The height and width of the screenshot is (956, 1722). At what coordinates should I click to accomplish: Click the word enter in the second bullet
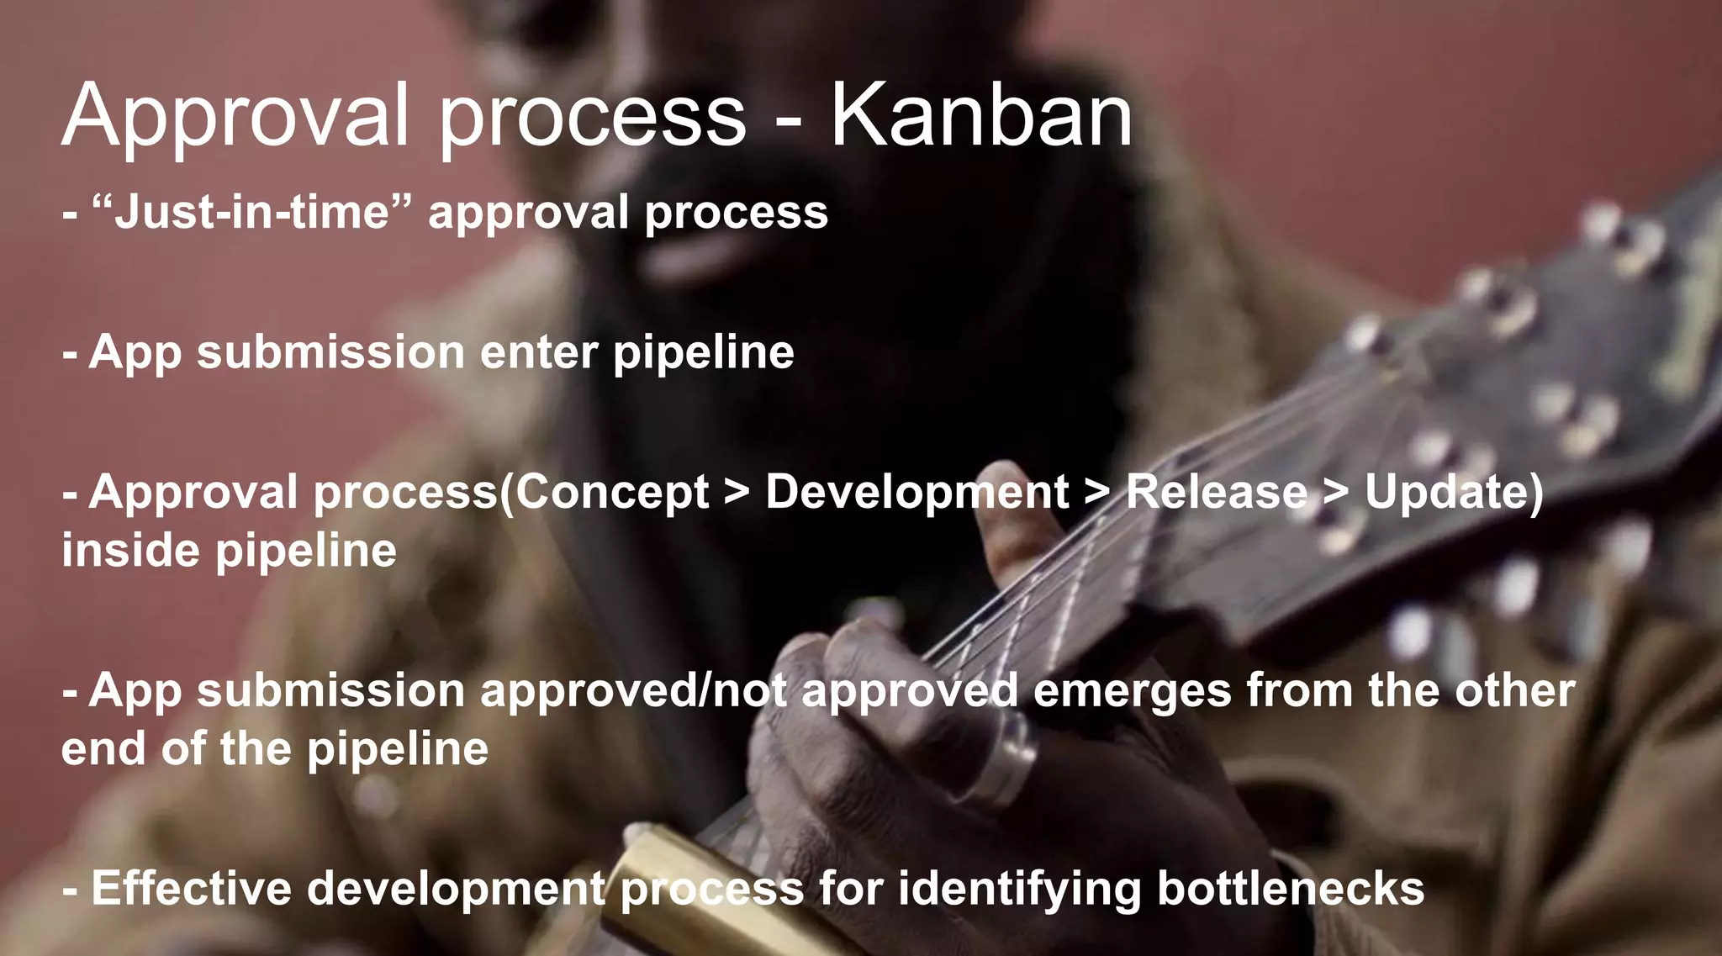[x=539, y=351]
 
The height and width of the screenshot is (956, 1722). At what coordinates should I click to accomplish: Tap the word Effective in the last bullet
[x=191, y=889]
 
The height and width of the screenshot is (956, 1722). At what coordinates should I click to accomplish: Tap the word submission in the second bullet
[x=330, y=351]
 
